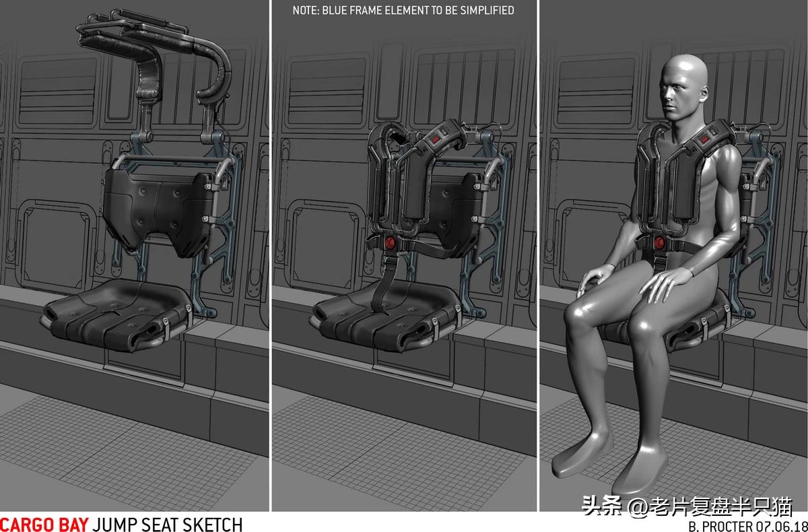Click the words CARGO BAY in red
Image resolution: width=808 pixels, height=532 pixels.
(44, 525)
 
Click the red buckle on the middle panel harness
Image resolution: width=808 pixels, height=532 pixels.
(390, 242)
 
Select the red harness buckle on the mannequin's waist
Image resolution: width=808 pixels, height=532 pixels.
(659, 242)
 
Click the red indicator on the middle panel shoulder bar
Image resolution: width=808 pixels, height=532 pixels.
(435, 139)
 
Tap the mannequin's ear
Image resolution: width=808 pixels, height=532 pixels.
(704, 93)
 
